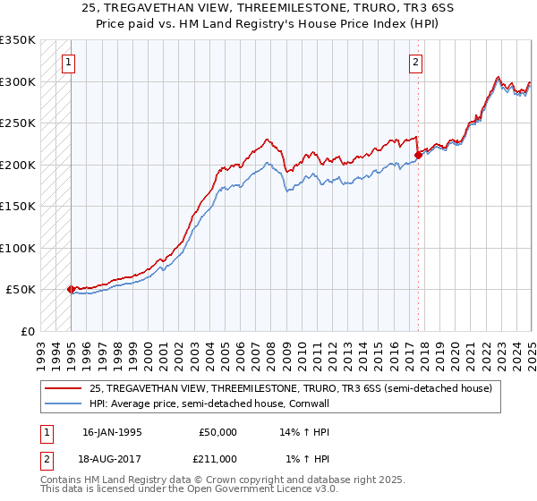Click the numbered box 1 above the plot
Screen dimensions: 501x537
point(70,63)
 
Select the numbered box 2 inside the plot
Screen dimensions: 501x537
point(417,63)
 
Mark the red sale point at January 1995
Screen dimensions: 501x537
point(72,289)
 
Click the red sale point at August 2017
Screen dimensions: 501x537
point(418,156)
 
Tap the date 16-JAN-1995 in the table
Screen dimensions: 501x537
point(111,432)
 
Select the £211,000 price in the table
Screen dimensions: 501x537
point(217,458)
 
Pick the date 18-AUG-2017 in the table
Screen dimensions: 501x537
point(112,458)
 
